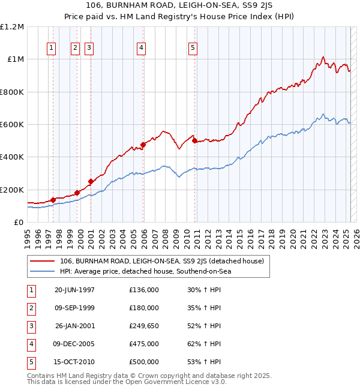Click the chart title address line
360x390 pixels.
[180, 5]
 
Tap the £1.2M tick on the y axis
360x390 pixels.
[11, 27]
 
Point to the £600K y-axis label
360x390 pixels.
[11, 125]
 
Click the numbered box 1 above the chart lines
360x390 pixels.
[52, 49]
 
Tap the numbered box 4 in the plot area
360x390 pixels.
[141, 49]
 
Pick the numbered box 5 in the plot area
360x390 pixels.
[193, 49]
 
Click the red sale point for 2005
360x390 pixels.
[143, 145]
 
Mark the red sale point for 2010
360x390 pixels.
[194, 141]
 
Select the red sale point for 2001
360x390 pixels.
[91, 181]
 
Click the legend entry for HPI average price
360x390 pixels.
[145, 271]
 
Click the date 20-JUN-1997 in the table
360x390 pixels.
[74, 290]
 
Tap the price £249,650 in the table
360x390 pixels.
[144, 326]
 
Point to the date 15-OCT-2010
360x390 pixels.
[74, 362]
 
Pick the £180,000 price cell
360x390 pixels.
[144, 308]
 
